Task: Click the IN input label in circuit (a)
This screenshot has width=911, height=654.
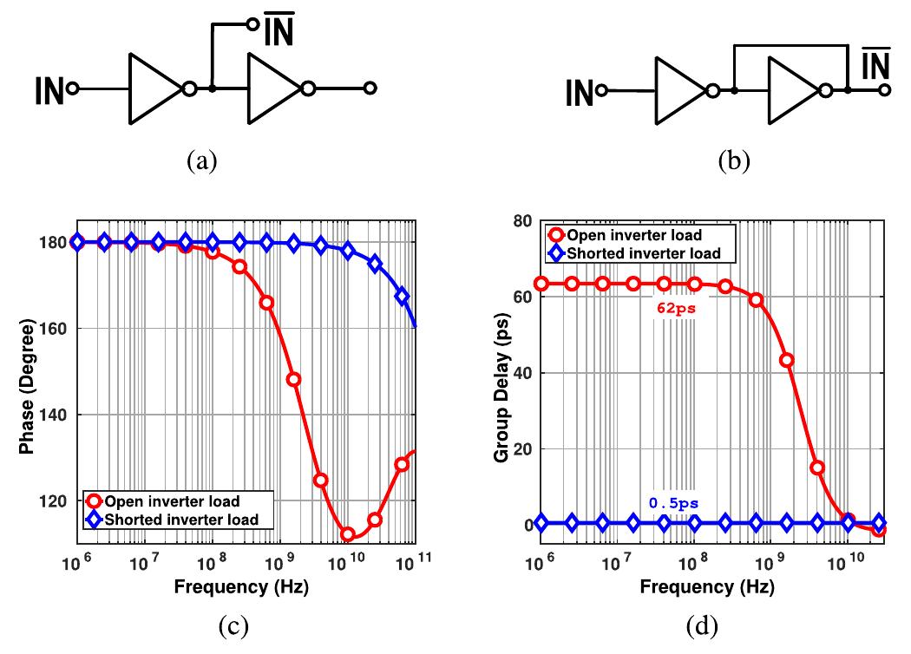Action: click(x=50, y=89)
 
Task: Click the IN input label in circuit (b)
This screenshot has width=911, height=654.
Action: click(x=580, y=91)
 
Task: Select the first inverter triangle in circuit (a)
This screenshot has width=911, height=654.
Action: click(x=154, y=88)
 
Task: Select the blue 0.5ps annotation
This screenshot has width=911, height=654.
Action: click(x=673, y=502)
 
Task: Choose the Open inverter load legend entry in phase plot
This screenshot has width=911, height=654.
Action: click(x=172, y=501)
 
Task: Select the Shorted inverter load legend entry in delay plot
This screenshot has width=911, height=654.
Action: click(x=642, y=253)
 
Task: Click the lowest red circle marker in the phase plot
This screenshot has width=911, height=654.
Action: click(x=348, y=534)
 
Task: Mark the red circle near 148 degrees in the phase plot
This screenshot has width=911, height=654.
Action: click(x=293, y=379)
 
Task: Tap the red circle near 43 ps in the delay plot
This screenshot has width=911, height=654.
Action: click(x=787, y=360)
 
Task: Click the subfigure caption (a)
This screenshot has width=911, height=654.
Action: click(x=202, y=161)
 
